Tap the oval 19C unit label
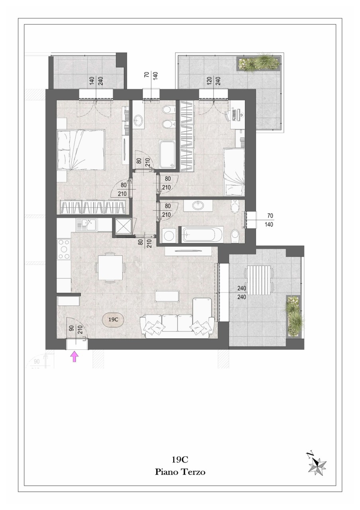pos(113,320)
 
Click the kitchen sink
pos(87,225)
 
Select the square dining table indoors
pos(110,267)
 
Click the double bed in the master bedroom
pos(81,149)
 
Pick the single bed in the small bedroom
pos(234,172)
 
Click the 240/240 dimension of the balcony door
pos(241,292)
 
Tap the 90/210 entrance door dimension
pos(75,330)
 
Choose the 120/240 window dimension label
pos(214,81)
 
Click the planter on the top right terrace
pos(259,63)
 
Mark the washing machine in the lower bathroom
pos(169,235)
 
